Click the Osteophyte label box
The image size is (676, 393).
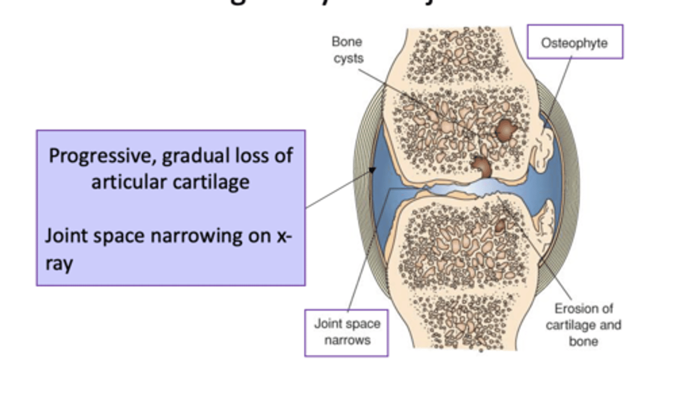click(x=575, y=42)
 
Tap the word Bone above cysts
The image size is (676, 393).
click(x=346, y=42)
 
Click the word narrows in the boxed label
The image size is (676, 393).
click(x=347, y=340)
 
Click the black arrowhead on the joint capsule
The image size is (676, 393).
click(x=372, y=170)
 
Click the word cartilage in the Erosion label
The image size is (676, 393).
click(x=567, y=325)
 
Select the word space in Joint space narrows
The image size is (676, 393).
click(x=365, y=324)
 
